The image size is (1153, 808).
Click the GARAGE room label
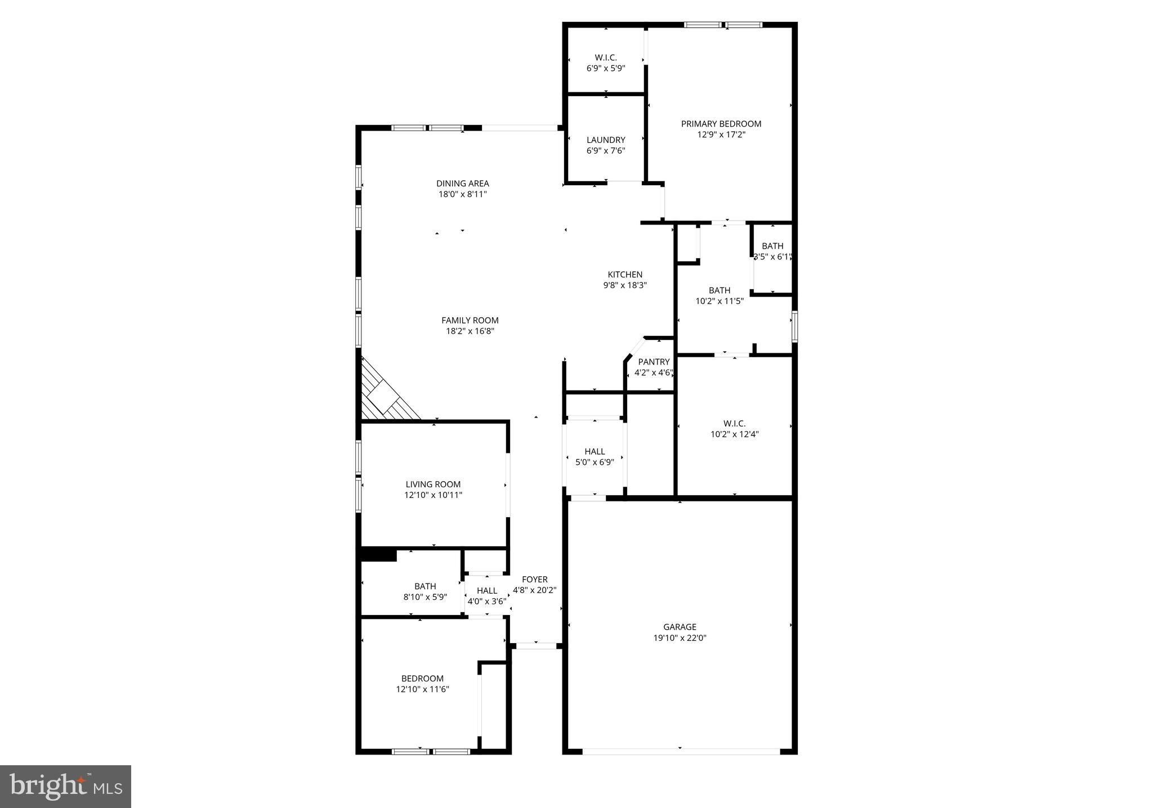pos(680,627)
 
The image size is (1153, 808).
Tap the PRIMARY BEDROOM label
pos(721,124)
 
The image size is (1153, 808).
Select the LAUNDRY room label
pos(606,140)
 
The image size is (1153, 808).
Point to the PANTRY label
pos(654,362)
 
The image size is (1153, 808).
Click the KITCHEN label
pos(625,275)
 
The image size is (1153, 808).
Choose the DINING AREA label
pos(463,183)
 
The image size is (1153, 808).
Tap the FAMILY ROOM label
pos(470,321)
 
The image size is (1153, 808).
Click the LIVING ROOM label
pos(433,484)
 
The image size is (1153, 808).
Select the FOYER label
pos(534,580)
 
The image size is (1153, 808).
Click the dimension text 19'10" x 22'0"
pos(680,638)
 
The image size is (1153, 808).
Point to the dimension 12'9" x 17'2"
pos(721,134)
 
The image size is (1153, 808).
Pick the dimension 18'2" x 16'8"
pos(470,331)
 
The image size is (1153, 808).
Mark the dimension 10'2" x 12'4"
pos(735,434)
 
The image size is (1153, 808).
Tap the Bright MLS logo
pos(66,787)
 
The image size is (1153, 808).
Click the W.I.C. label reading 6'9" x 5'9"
pos(606,57)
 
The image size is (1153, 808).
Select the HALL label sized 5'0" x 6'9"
pos(595,451)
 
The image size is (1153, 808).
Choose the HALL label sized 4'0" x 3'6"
pos(487,591)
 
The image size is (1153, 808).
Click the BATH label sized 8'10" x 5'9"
pos(425,586)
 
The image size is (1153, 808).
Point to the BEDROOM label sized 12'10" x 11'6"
pos(422,679)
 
